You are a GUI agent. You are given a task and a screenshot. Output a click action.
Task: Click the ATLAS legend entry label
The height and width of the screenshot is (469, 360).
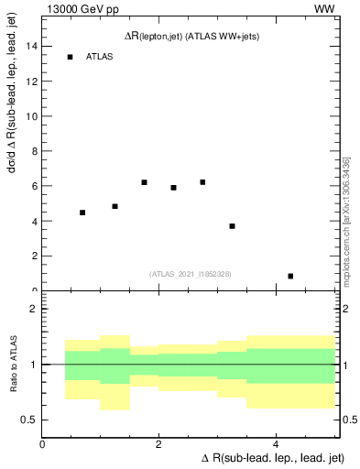(x=99, y=57)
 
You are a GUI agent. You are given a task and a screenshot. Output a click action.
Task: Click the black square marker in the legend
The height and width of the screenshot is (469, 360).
(x=70, y=57)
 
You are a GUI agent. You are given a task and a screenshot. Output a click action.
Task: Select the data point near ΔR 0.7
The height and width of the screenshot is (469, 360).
(x=82, y=213)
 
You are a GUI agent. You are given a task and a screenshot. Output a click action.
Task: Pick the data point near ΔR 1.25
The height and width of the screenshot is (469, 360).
(x=115, y=206)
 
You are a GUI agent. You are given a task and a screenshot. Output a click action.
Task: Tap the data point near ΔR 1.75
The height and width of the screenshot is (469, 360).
(x=145, y=182)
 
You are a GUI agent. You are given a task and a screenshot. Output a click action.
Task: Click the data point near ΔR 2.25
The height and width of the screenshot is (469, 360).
(x=173, y=188)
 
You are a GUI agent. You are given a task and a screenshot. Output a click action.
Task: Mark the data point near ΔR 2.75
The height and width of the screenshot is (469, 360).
(x=202, y=182)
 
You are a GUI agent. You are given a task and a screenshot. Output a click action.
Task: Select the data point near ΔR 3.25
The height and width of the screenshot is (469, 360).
(x=232, y=226)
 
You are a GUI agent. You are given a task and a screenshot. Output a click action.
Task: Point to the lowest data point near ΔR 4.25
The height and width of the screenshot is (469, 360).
(x=290, y=276)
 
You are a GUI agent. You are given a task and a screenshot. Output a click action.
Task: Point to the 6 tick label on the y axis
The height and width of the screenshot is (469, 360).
(x=33, y=186)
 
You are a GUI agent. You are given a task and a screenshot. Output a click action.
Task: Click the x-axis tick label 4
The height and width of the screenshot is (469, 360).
(x=276, y=444)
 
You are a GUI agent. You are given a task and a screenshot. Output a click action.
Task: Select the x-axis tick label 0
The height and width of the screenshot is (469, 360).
(x=43, y=444)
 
